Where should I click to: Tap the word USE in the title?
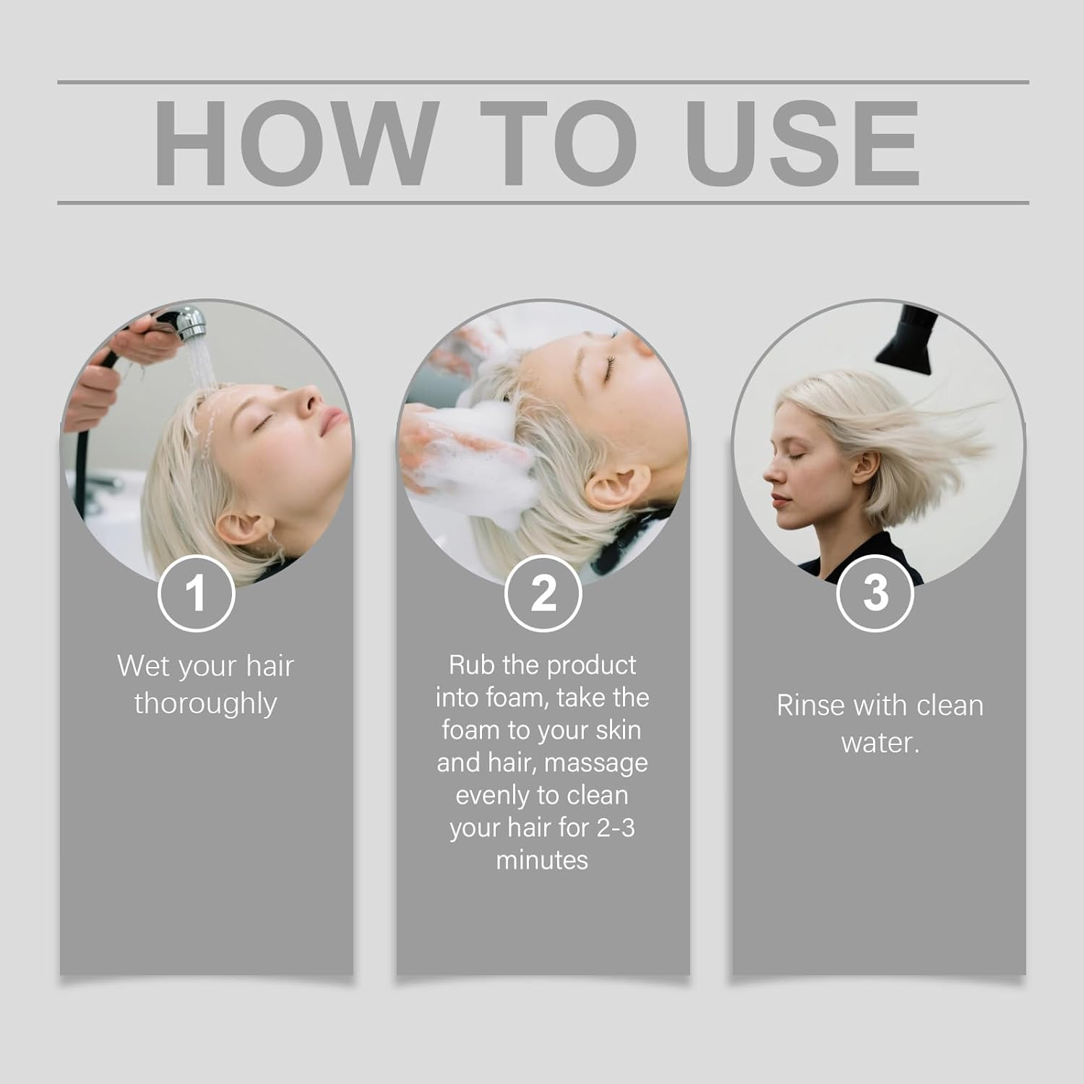click(803, 143)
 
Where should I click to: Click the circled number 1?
click(196, 593)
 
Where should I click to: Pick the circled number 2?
click(543, 593)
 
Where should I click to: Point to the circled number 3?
click(875, 593)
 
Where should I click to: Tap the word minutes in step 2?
click(542, 860)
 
